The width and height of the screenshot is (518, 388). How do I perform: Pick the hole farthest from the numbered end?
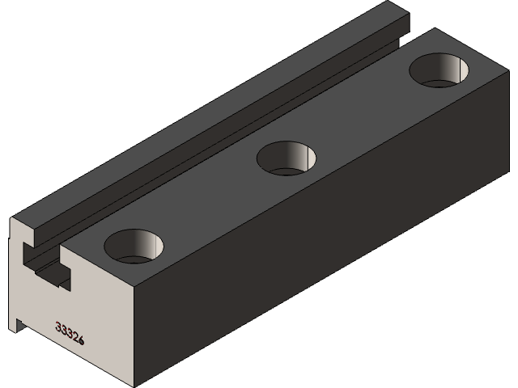[x=439, y=70]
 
